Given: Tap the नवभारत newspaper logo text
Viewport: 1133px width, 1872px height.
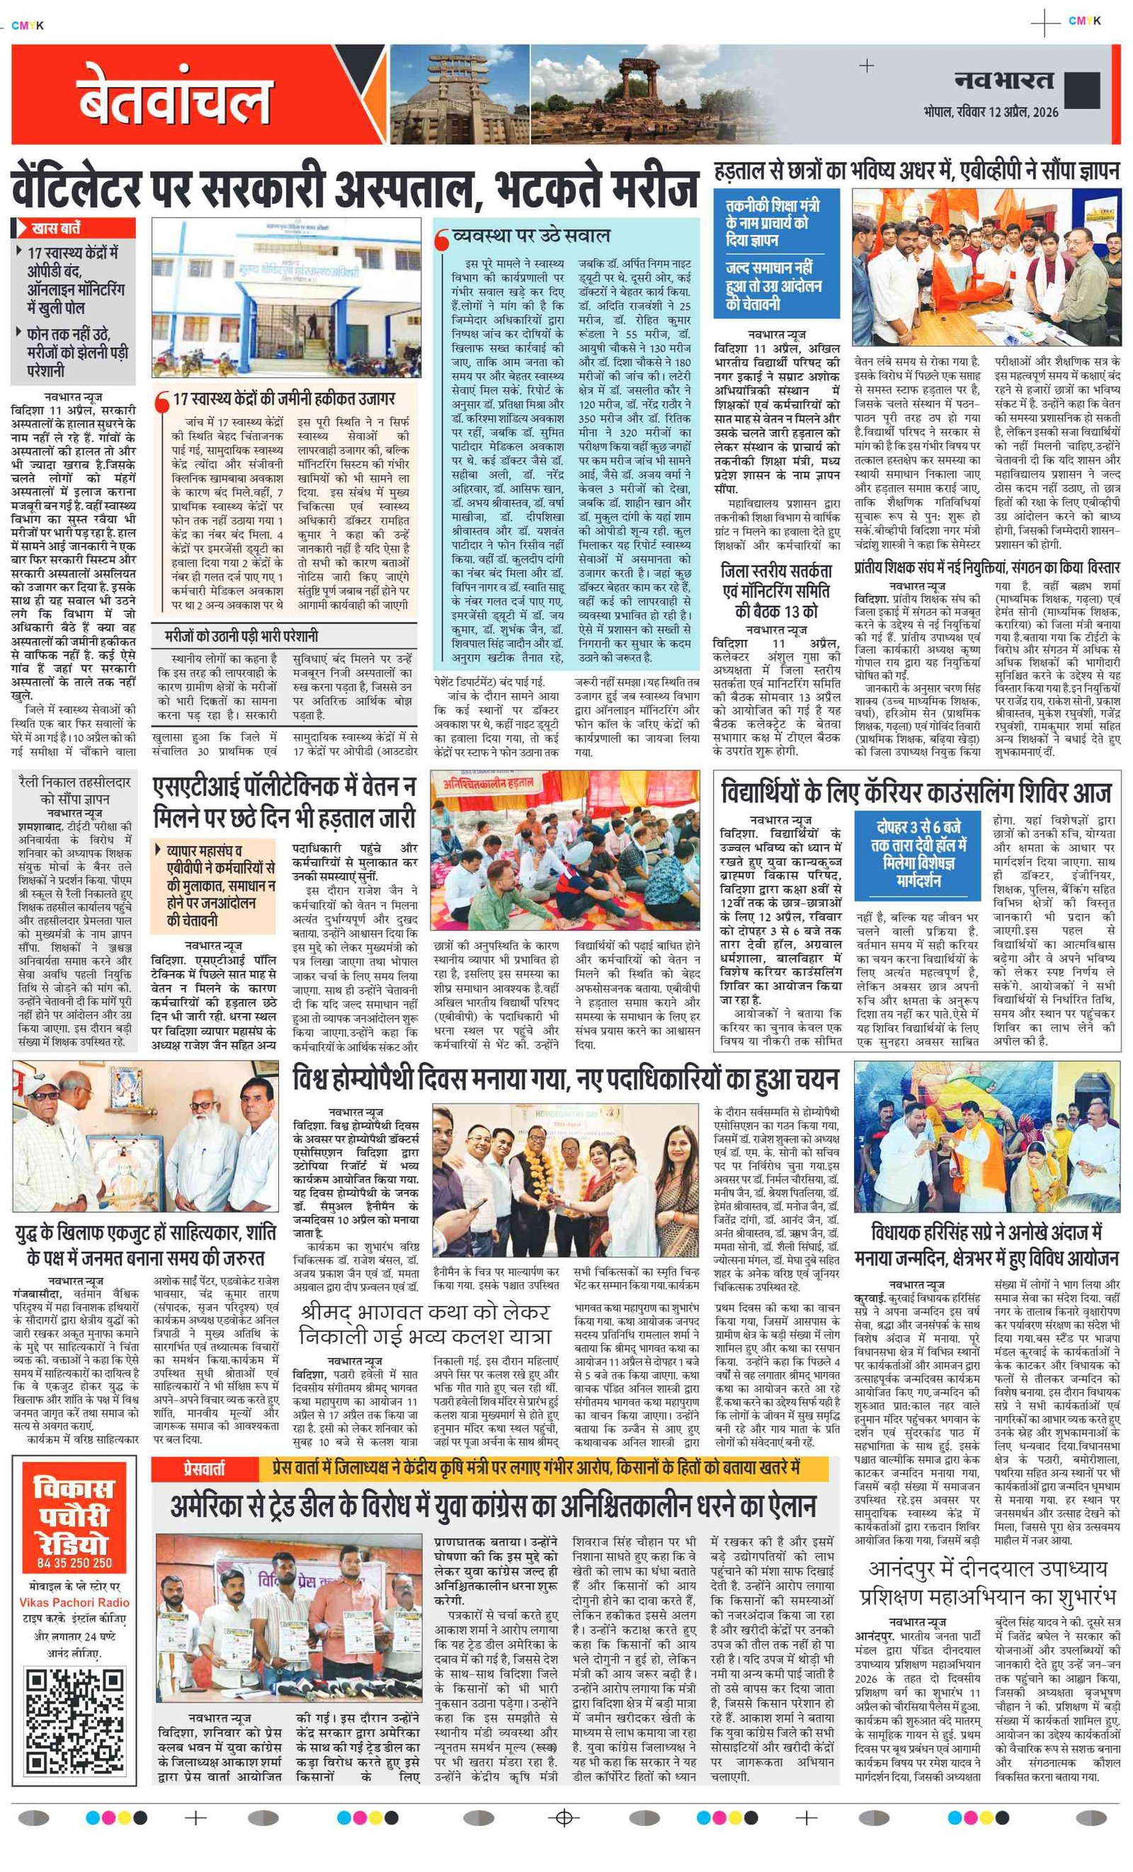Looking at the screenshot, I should pyautogui.click(x=1004, y=80).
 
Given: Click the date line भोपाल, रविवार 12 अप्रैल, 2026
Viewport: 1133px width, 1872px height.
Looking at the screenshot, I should pyautogui.click(x=991, y=112).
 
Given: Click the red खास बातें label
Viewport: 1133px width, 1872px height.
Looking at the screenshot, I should pyautogui.click(x=56, y=228).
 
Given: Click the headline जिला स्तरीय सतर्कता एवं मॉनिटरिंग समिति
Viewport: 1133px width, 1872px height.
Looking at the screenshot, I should pyautogui.click(x=776, y=590).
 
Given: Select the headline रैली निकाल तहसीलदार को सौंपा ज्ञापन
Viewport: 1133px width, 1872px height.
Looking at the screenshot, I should pyautogui.click(x=74, y=790).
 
